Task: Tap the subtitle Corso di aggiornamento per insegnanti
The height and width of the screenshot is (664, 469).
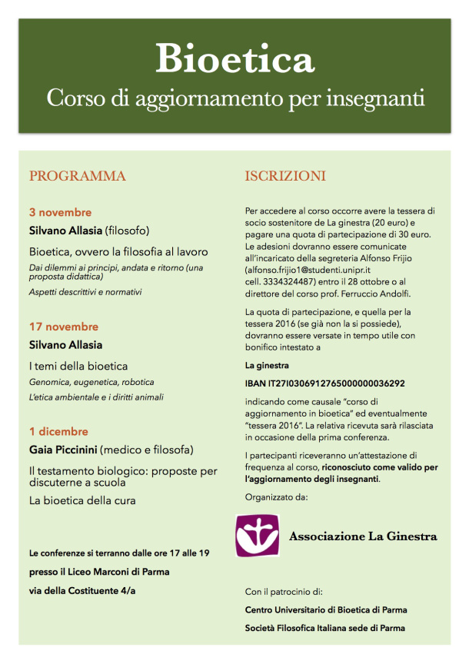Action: (234, 99)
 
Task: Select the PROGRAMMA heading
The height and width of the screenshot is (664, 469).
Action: (78, 176)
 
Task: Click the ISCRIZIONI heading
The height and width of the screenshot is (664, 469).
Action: (285, 176)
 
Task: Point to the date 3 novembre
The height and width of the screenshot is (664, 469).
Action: (61, 212)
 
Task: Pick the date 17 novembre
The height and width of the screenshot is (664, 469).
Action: (64, 327)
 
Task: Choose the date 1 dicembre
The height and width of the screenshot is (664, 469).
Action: (58, 431)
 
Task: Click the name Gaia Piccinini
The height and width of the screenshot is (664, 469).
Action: (72, 449)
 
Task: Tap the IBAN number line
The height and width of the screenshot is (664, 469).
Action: (325, 383)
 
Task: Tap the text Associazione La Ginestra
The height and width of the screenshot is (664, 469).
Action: (363, 536)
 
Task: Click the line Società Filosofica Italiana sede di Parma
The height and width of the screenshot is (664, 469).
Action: (326, 628)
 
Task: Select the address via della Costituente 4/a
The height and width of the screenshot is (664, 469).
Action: (90, 589)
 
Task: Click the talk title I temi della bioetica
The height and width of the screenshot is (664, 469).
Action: (78, 365)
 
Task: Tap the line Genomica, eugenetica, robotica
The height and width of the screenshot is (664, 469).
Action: (91, 382)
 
